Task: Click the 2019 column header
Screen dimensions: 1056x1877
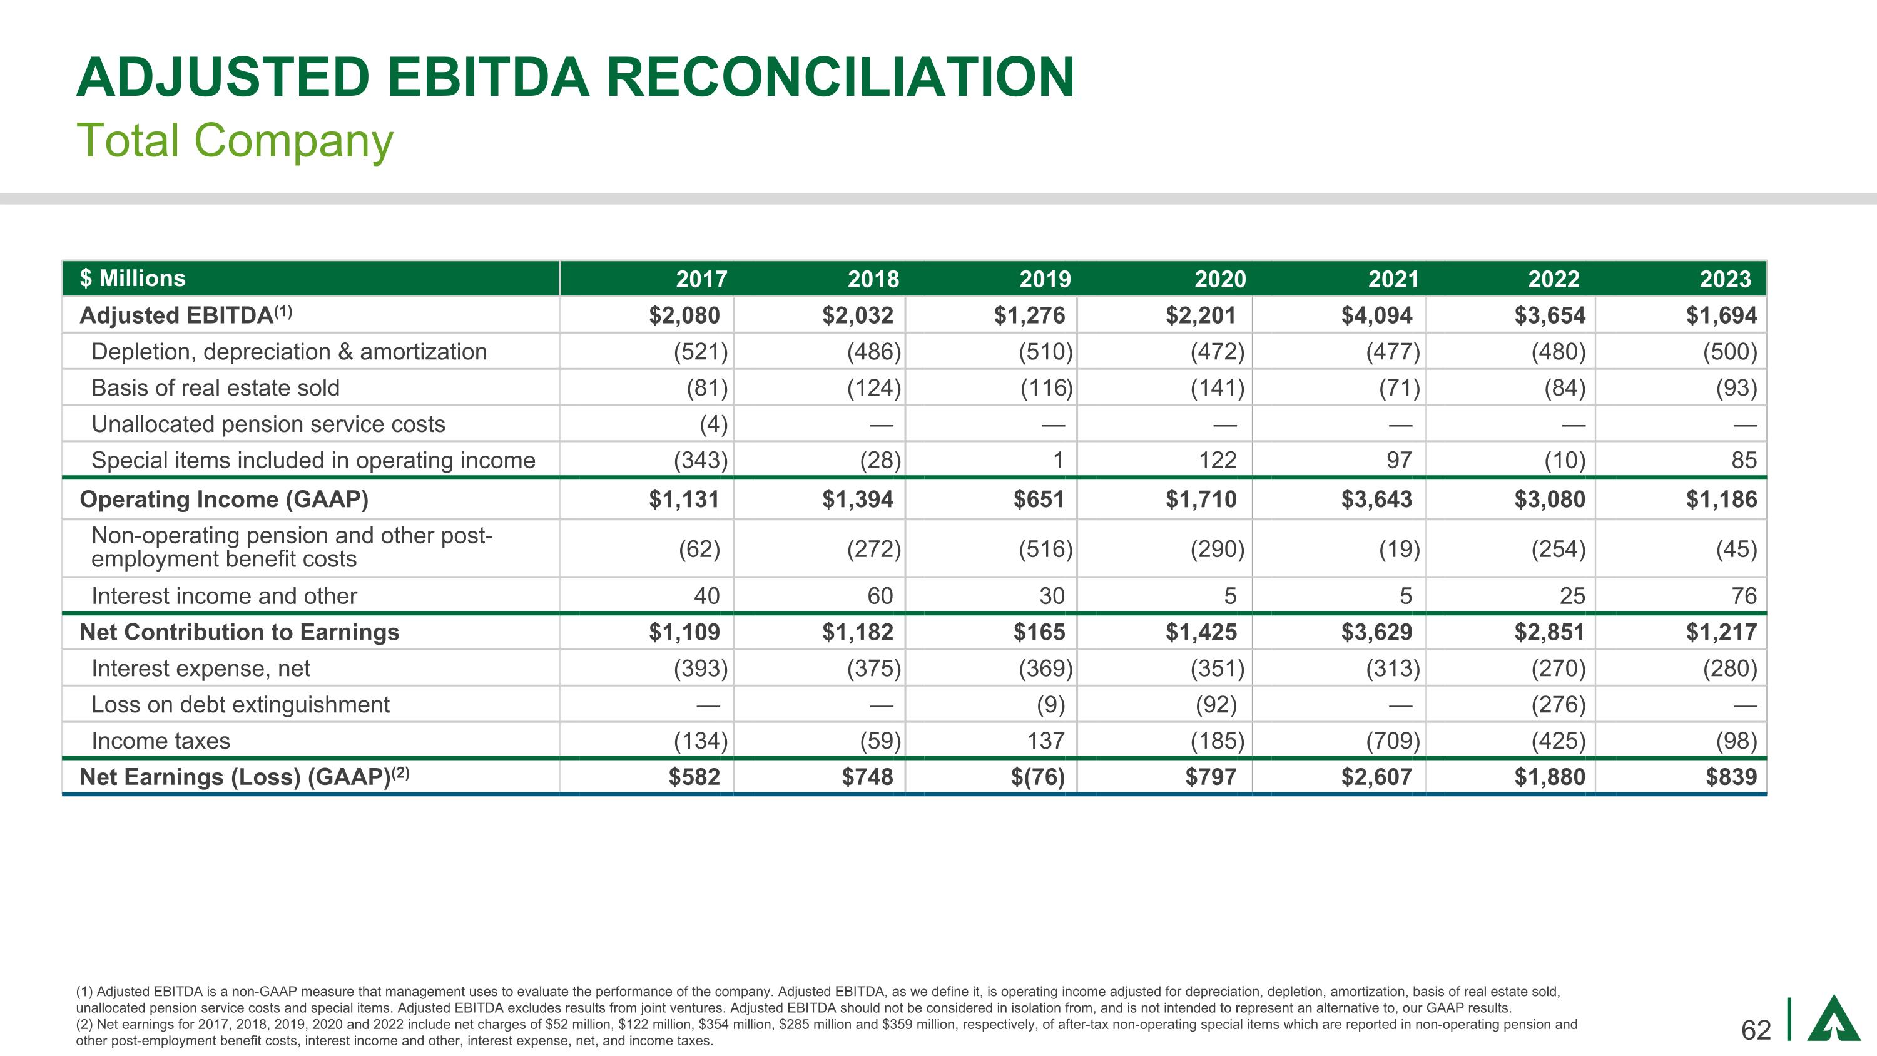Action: coord(1045,279)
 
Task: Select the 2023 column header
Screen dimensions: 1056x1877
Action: coord(1725,279)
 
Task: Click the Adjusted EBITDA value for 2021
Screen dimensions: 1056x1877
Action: coord(1376,315)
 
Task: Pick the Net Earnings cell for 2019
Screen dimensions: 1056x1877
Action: coord(1037,777)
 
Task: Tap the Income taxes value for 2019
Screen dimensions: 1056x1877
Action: coord(1045,741)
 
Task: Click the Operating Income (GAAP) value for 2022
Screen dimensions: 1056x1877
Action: coord(1549,500)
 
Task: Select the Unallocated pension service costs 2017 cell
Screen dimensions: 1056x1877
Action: coord(713,424)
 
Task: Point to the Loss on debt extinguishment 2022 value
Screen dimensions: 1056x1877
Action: coord(1558,705)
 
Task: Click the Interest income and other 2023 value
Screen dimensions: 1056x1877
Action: coord(1744,596)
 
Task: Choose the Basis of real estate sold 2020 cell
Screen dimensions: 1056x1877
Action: coord(1217,387)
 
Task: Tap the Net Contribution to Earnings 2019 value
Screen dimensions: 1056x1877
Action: coord(1039,632)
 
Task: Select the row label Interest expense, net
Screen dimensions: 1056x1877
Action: coord(200,669)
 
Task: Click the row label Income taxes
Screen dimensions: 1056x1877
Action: coord(160,741)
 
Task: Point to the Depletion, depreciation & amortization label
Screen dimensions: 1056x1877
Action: coord(288,352)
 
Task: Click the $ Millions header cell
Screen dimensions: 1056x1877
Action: coord(133,279)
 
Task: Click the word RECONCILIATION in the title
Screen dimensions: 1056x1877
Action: coord(840,76)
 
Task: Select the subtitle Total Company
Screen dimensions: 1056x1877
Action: coord(235,140)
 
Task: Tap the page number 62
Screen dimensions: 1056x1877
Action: coord(1756,1030)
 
